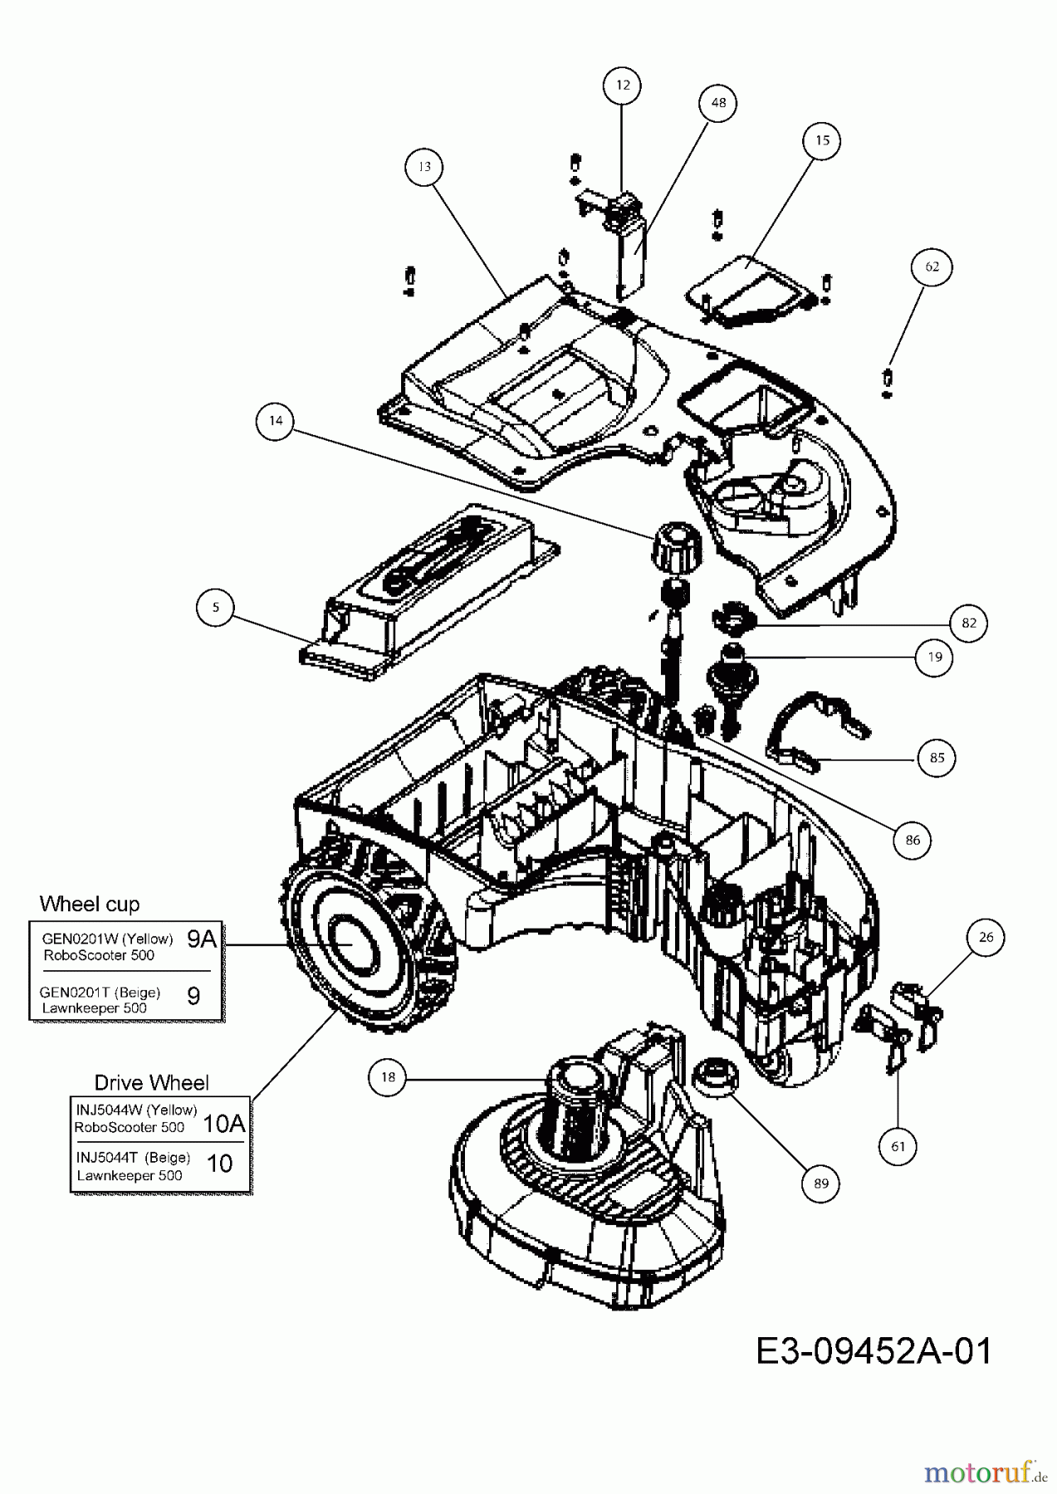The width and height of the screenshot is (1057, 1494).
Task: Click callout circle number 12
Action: [623, 85]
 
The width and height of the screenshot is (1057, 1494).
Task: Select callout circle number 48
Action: [718, 102]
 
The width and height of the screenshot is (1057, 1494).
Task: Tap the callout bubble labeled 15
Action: [821, 140]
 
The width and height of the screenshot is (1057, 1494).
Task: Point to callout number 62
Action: [932, 266]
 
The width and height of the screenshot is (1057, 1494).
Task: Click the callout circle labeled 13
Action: [424, 167]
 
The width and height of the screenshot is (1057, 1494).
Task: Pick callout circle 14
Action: [276, 421]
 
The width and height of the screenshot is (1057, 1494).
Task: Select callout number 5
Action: [216, 607]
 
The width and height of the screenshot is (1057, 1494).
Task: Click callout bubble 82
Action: [968, 623]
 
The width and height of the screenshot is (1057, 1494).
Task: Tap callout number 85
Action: [937, 757]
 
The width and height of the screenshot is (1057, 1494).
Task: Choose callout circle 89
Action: [821, 1184]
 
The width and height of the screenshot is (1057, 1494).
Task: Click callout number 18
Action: [389, 1077]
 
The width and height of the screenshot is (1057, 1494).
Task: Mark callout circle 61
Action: [898, 1146]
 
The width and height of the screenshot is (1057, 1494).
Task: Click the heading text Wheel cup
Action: [90, 903]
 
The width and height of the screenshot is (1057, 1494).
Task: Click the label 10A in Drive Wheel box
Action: [223, 1124]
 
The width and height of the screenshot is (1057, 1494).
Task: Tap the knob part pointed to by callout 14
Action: [675, 548]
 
